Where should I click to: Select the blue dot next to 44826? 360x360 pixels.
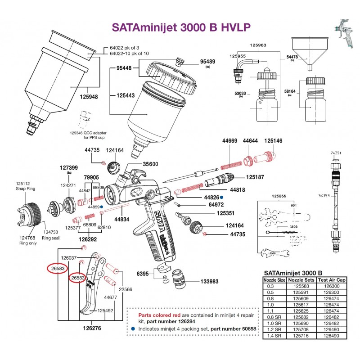point(222,197)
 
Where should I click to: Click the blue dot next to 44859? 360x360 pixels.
point(102,207)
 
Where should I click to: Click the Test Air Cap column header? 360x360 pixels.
point(332,279)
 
